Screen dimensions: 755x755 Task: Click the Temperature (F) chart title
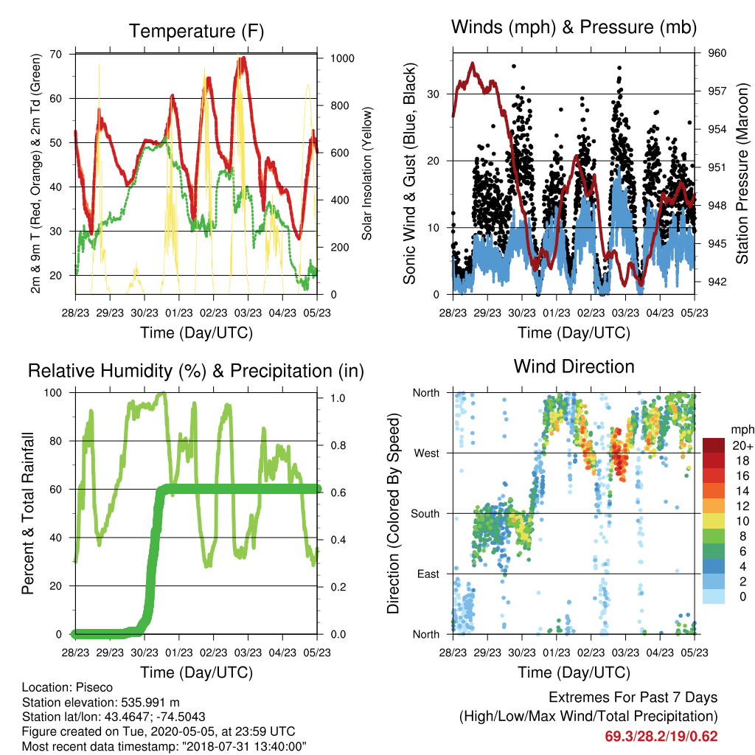[196, 31]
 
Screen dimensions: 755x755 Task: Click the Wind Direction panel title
[574, 366]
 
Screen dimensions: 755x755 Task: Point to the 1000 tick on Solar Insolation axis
[342, 58]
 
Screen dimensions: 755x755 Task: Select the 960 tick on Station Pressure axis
[717, 53]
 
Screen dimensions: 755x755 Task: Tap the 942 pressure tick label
[717, 282]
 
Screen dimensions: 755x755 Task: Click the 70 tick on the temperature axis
[56, 54]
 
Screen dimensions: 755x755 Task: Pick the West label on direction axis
[427, 453]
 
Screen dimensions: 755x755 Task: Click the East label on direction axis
[428, 574]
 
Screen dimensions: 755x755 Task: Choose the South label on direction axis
[425, 514]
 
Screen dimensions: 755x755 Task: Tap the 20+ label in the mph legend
[742, 446]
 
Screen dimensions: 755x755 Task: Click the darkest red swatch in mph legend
[714, 445]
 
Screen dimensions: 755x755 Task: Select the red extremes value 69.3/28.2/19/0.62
[661, 737]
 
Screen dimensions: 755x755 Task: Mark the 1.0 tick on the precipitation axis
[338, 397]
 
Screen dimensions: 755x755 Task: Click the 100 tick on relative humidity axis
[53, 392]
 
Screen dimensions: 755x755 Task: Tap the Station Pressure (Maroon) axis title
[742, 173]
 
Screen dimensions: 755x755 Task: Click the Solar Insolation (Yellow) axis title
[367, 173]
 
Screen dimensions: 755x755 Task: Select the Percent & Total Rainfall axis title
[28, 513]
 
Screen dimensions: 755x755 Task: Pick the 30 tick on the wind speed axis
[434, 94]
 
